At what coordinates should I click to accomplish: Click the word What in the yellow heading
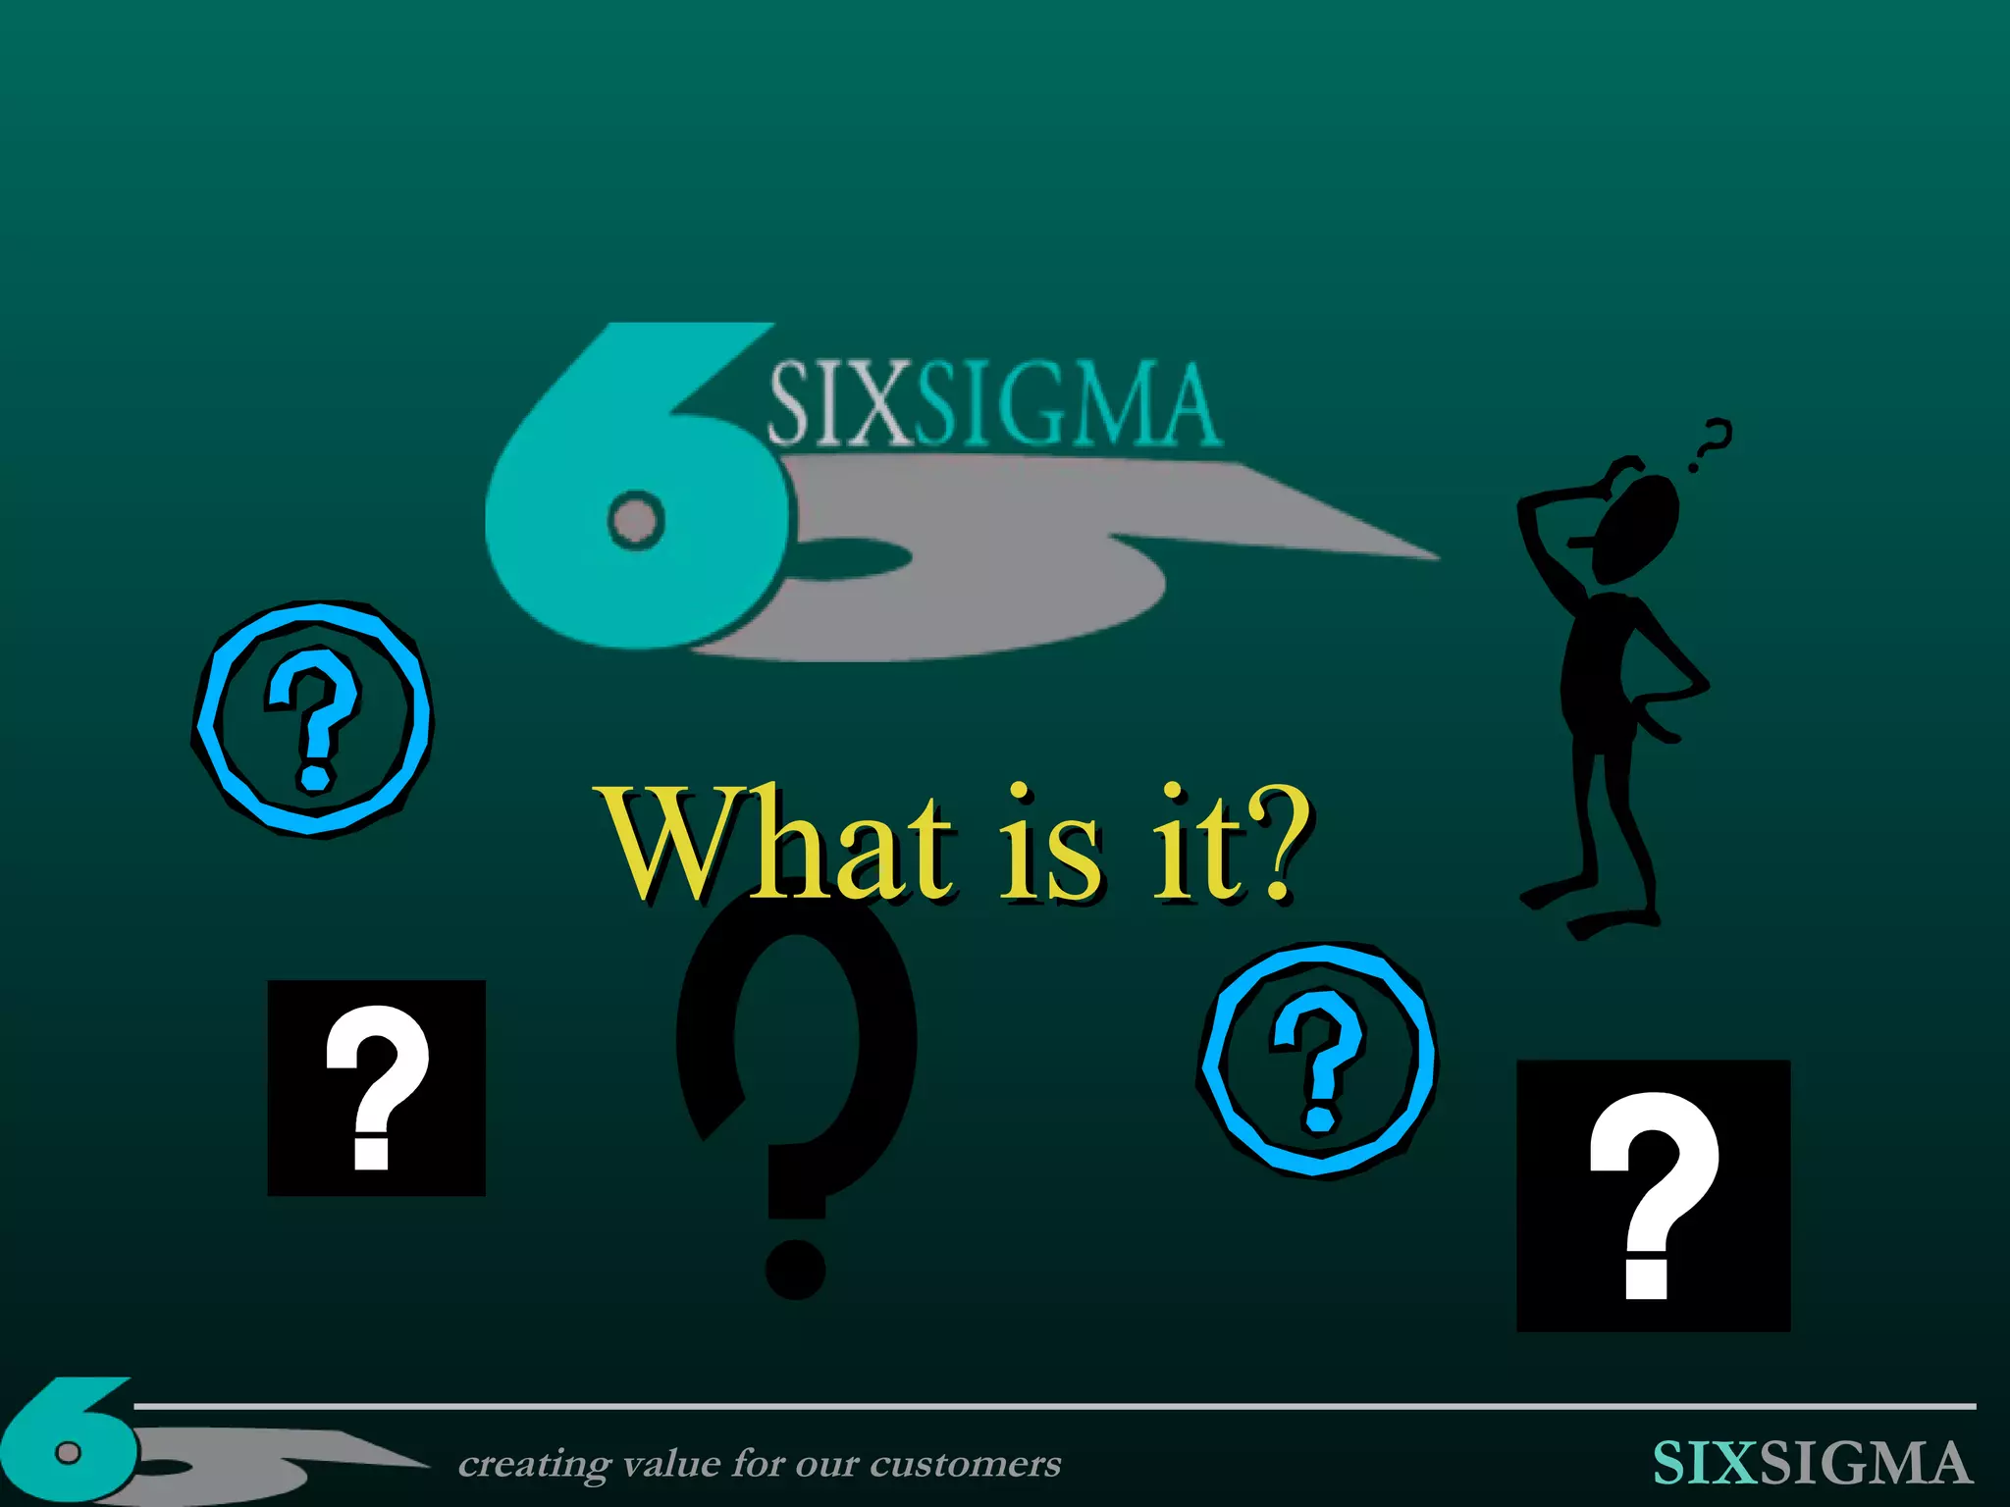point(775,844)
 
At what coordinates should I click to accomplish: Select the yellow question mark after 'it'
point(1276,844)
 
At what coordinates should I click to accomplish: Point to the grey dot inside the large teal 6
point(636,519)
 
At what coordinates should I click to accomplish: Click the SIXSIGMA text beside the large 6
point(991,405)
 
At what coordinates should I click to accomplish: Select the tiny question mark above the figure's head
point(1713,442)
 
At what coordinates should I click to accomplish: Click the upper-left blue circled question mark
point(312,718)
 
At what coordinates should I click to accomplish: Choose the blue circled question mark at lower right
point(1317,1060)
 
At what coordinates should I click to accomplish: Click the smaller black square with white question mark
point(377,1087)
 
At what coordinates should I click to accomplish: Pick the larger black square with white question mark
point(1654,1195)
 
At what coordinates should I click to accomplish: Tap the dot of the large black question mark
point(795,1268)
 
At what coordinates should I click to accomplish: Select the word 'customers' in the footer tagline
point(966,1464)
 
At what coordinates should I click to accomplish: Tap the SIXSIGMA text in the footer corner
point(1811,1463)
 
